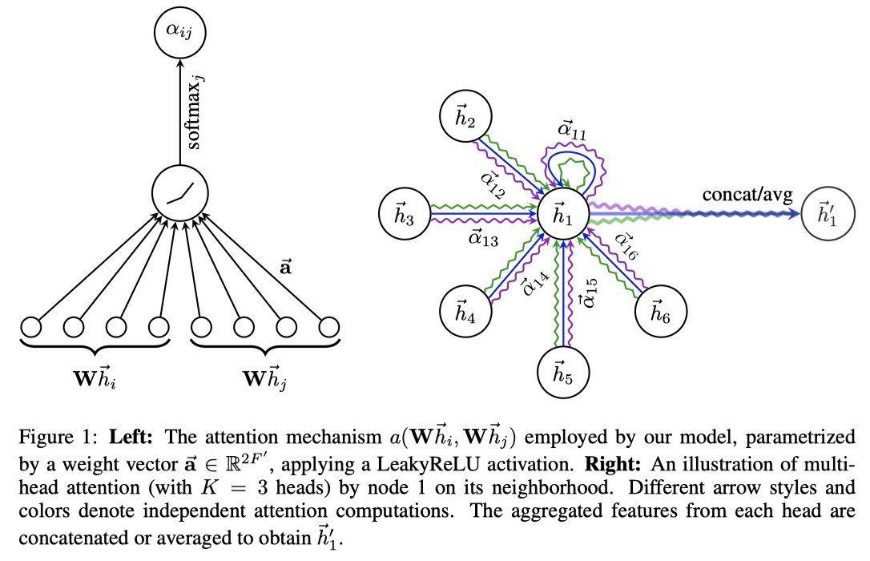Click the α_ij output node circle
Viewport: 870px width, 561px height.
pos(180,32)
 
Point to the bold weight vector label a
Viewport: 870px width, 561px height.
pos(286,268)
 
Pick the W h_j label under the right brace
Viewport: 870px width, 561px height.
pos(265,376)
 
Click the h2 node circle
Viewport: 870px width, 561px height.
pos(465,121)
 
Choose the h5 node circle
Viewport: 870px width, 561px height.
pos(564,372)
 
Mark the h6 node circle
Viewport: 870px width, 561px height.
pos(661,313)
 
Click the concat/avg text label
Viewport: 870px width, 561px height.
pos(747,195)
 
